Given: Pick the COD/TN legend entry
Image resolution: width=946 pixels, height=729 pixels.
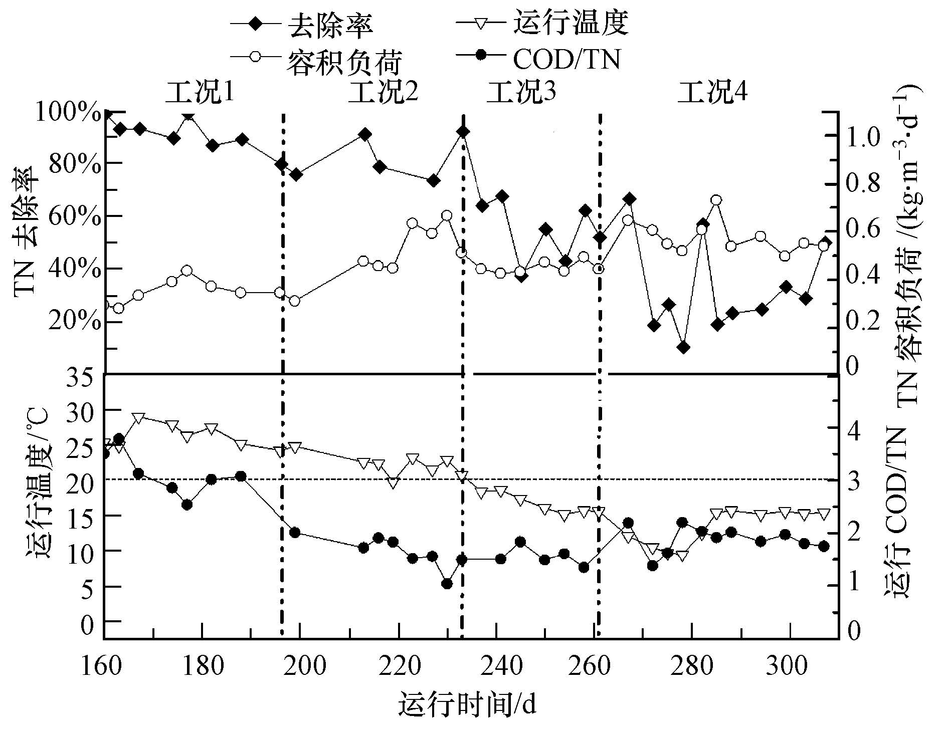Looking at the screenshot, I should coord(566,59).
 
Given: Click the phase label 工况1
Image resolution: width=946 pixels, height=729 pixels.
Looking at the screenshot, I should coord(200,92).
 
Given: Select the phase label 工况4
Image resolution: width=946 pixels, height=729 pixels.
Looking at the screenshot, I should coord(712,92).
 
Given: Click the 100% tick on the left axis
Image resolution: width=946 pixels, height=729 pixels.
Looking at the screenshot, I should coord(69,114).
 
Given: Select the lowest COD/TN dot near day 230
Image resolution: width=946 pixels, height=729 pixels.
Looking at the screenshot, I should coord(447,584).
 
